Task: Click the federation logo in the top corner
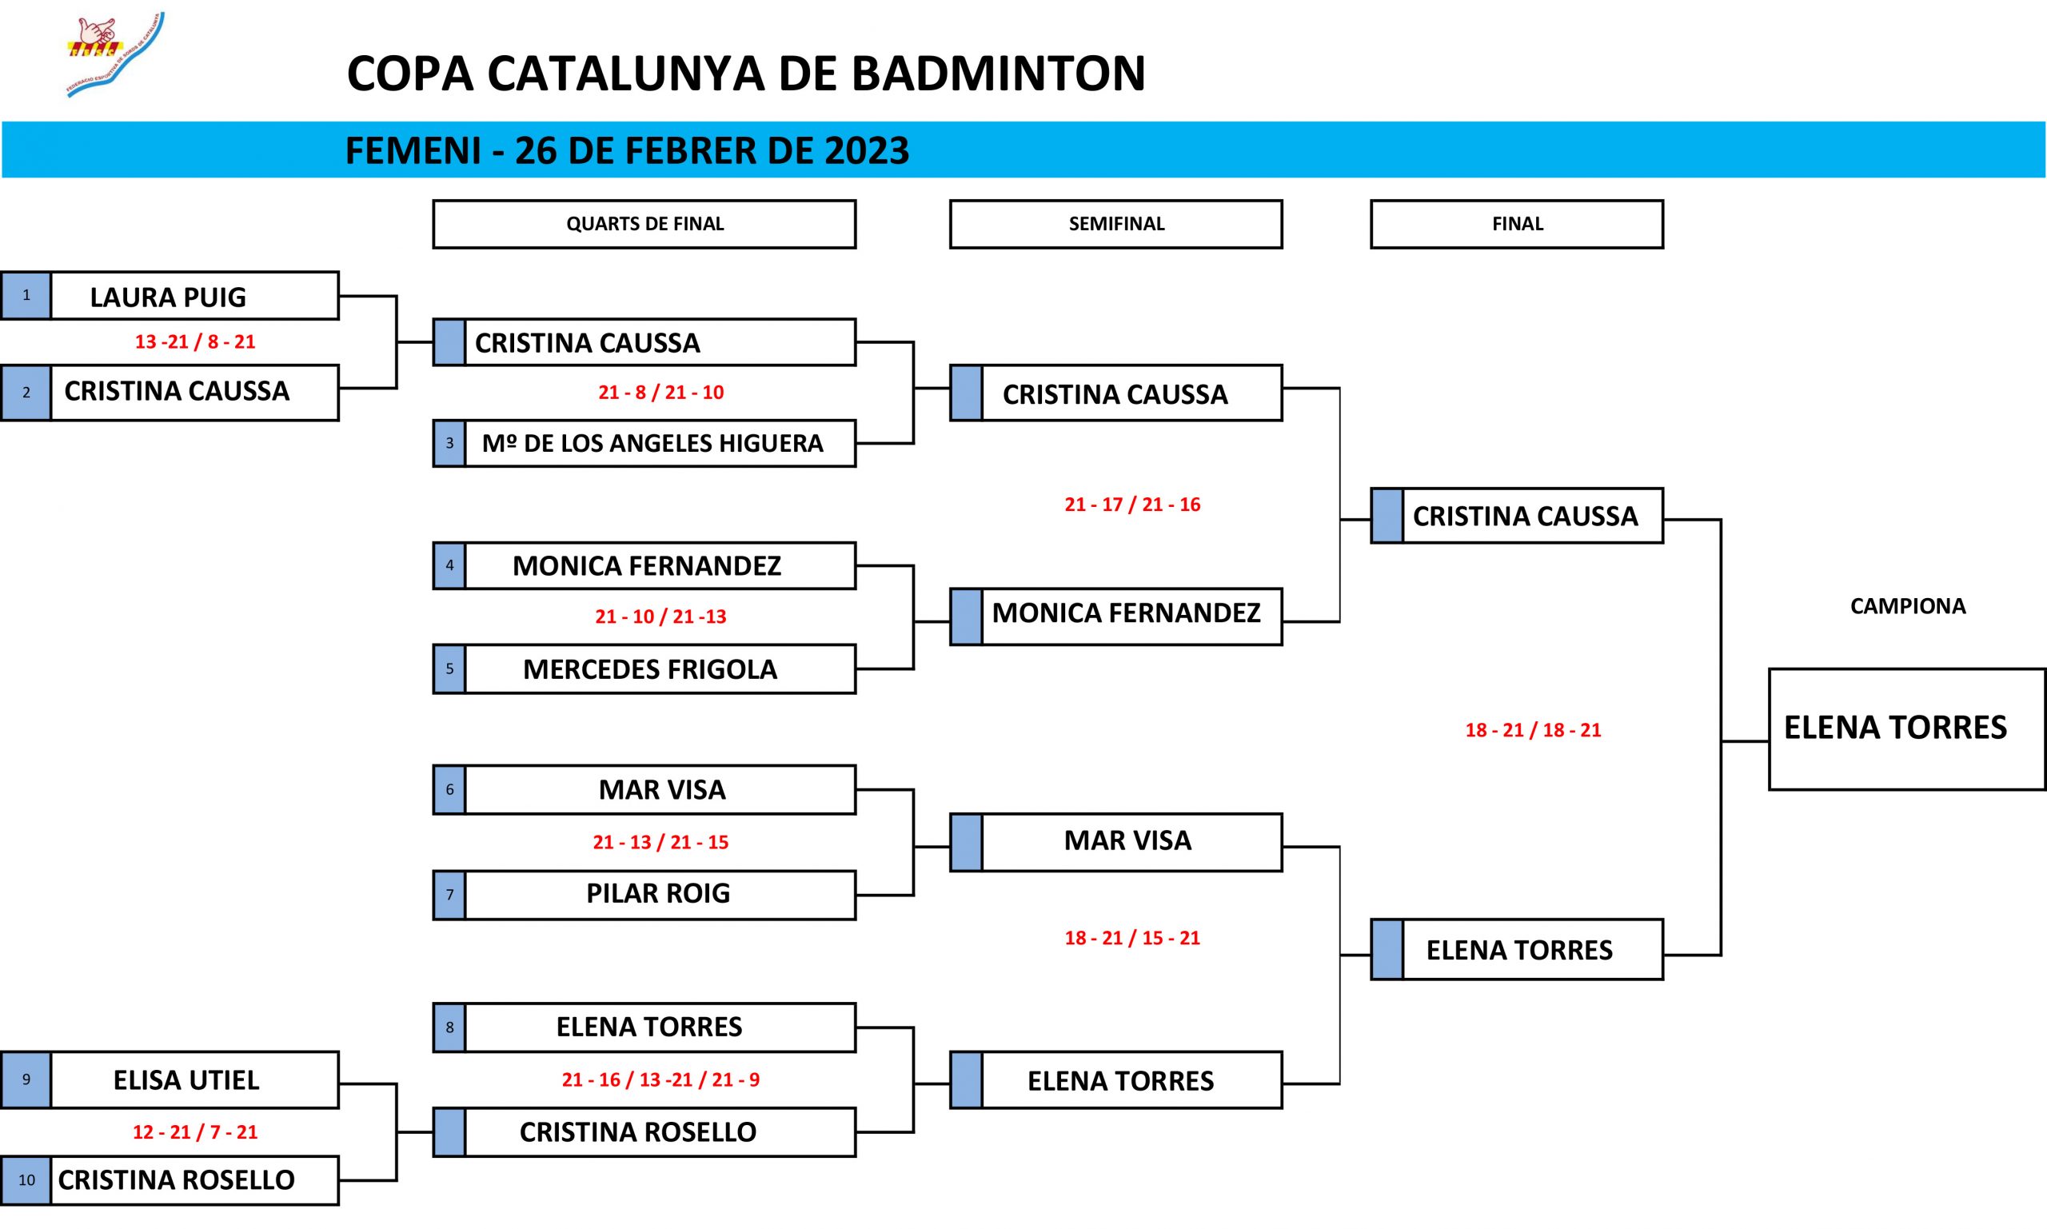pos(114,54)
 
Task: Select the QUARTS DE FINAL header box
pos(644,224)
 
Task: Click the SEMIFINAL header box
pos(1115,224)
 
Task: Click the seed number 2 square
pos(26,393)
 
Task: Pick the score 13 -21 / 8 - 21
pos(195,342)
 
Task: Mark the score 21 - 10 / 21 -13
pos(660,617)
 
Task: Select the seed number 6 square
pos(449,790)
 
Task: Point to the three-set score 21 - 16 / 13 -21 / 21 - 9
pos(660,1080)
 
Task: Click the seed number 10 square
pos(26,1180)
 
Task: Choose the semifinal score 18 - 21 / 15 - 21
pos(1132,938)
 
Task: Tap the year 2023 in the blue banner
pos(866,150)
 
